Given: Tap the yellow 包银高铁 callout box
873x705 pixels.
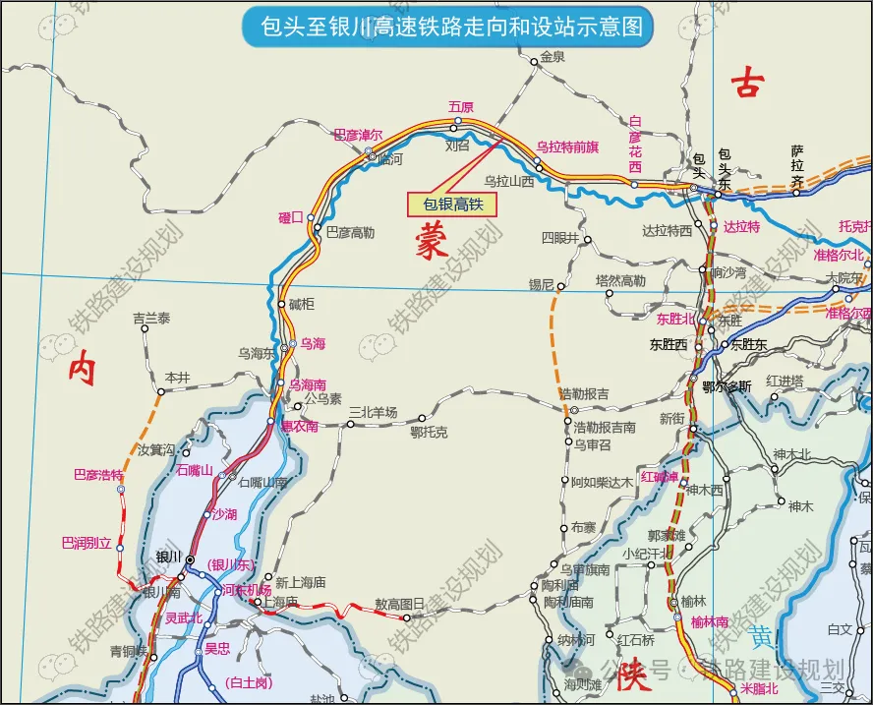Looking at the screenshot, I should point(453,204).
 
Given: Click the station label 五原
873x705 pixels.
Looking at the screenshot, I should point(460,106).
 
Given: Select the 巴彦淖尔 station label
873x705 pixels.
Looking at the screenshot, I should point(358,135).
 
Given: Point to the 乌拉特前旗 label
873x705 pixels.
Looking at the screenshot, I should point(567,147).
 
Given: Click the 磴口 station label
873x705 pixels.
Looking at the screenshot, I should point(291,217).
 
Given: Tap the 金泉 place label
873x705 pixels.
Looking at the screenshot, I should point(553,57).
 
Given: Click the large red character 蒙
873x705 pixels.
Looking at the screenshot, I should point(430,240).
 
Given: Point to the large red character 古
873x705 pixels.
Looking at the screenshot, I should point(746,86).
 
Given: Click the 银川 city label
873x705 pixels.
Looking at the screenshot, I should point(168,557).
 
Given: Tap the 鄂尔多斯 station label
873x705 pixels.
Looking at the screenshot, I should point(727,386).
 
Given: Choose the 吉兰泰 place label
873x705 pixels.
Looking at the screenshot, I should point(151,319).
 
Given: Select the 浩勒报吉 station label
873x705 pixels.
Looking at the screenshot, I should point(584,394).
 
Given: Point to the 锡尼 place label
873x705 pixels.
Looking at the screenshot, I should point(542,284).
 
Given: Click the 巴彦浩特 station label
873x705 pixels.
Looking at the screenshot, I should point(97,475).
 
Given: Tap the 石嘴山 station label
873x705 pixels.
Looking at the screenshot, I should point(195,470).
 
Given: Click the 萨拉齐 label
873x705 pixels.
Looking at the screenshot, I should point(797,167).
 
